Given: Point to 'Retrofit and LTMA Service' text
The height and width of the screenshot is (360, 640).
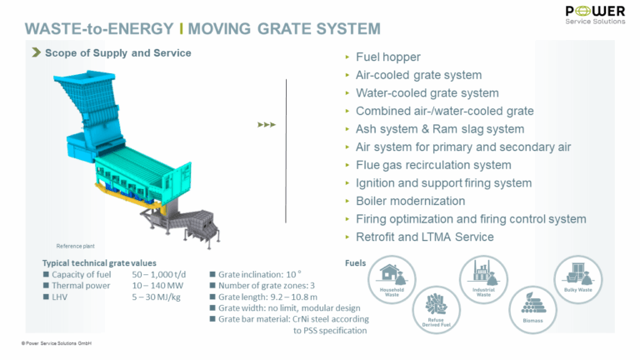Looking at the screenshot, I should [x=425, y=237].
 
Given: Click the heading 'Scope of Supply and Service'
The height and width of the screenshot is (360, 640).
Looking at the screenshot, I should [x=117, y=52].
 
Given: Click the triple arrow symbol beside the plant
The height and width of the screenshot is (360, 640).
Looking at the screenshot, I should [x=266, y=125].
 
